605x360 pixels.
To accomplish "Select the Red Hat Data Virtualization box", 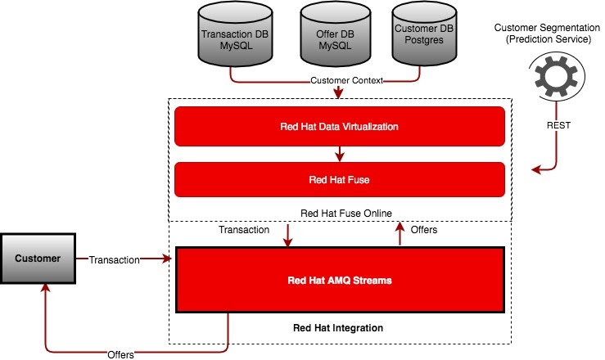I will point(338,127).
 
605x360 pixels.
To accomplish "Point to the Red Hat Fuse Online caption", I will point(346,214).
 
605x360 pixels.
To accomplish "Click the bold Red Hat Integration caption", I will point(338,328).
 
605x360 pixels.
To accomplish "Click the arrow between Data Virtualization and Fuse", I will point(338,153).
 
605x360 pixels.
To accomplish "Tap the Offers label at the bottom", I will point(120,353).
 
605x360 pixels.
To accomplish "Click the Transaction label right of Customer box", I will point(114,260).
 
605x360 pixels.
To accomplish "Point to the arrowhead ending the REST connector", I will point(536,170).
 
